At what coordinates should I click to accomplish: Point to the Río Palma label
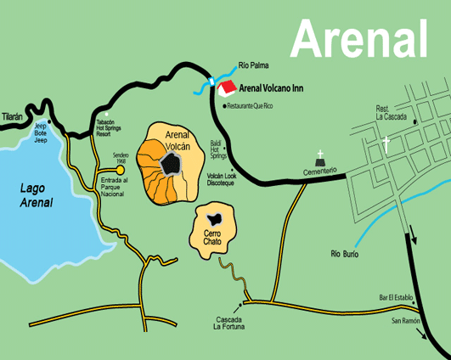pos(255,64)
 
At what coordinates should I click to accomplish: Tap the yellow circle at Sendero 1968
pos(121,170)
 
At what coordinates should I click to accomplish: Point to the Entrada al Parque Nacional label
pos(118,188)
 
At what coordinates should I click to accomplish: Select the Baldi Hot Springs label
pos(219,150)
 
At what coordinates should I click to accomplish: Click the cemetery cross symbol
pos(320,156)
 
